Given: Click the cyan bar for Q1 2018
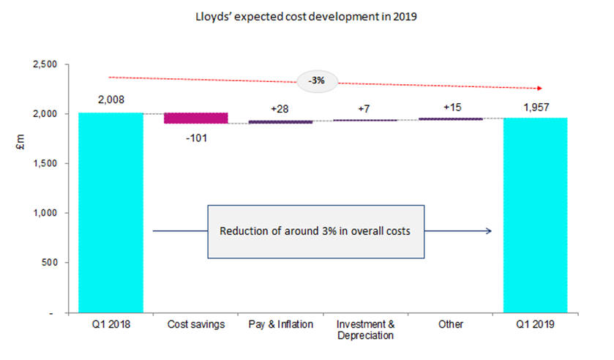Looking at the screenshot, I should click(111, 212).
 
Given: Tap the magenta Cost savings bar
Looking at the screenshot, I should click(195, 118).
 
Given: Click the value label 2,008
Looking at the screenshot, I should click(111, 100).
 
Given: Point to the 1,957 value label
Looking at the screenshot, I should click(535, 105).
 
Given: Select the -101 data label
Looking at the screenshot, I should click(195, 137).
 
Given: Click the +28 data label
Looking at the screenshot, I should click(280, 108).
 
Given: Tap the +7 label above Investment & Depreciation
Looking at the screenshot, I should click(364, 108).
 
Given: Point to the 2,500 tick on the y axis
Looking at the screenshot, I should click(45, 65).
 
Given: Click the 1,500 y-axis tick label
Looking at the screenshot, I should click(45, 164).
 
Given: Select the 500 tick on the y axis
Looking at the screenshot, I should click(52, 263).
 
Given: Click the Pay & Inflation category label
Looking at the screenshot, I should click(280, 324).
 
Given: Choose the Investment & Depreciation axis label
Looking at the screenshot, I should click(364, 329).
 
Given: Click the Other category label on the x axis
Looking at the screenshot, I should click(450, 324).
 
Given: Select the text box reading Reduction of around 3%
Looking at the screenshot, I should click(315, 231).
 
